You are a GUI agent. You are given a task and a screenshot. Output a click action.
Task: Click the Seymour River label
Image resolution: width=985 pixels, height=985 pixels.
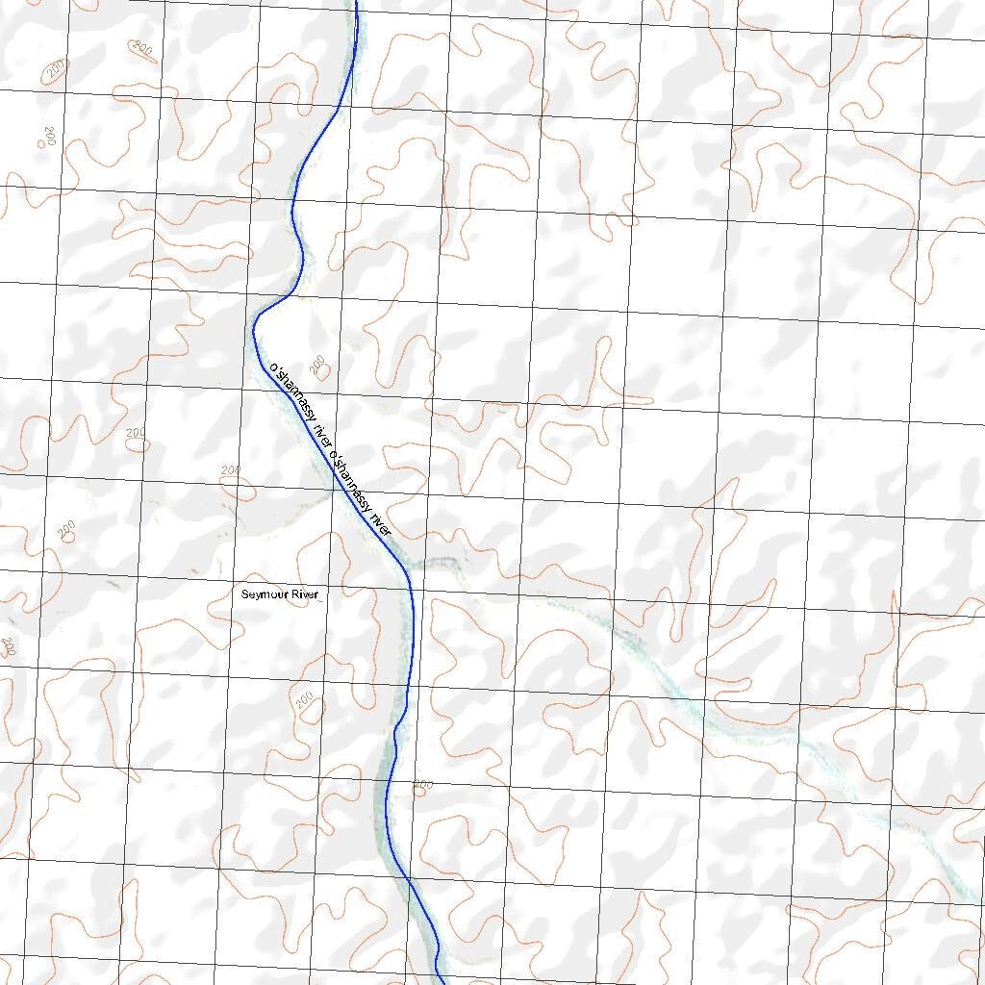click(279, 595)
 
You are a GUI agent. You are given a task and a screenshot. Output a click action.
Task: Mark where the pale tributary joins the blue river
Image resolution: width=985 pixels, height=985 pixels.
click(409, 562)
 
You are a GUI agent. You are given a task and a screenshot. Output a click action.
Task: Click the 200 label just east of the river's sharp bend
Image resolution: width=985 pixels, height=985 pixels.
click(317, 363)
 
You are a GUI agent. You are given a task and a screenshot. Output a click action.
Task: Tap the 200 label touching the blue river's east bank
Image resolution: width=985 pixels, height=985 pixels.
click(421, 785)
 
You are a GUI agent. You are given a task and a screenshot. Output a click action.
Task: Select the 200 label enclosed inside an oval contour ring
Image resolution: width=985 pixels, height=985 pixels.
click(143, 47)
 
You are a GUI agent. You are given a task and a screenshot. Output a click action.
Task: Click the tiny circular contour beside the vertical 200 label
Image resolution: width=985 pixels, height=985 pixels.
click(40, 143)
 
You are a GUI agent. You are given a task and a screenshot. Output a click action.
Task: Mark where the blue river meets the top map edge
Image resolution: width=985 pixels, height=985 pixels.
click(356, 3)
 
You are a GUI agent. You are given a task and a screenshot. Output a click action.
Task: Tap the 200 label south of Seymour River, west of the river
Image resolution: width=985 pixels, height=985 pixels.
click(306, 699)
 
